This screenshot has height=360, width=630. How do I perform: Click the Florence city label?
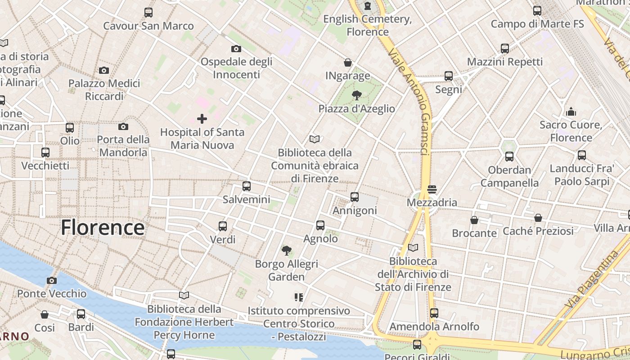pyautogui.click(x=103, y=227)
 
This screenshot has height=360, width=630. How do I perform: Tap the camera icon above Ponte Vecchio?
pyautogui.click(x=52, y=280)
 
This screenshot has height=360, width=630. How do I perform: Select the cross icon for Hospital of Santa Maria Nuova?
pyautogui.click(x=202, y=119)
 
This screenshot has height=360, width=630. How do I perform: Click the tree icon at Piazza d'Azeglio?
pyautogui.click(x=356, y=95)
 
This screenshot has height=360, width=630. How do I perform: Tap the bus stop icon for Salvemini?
pyautogui.click(x=246, y=186)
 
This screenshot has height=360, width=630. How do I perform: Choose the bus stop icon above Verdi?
pyautogui.click(x=223, y=226)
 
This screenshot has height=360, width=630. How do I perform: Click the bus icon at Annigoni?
pyautogui.click(x=355, y=197)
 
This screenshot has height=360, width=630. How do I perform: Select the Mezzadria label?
pyautogui.click(x=432, y=202)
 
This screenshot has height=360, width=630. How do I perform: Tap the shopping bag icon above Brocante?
pyautogui.click(x=474, y=220)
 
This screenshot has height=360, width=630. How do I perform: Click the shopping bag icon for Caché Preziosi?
pyautogui.click(x=538, y=218)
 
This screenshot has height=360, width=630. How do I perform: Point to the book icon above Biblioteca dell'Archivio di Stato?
pyautogui.click(x=413, y=247)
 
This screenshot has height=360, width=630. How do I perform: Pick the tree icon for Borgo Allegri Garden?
pyautogui.click(x=286, y=250)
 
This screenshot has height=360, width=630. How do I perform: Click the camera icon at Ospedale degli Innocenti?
pyautogui.click(x=236, y=49)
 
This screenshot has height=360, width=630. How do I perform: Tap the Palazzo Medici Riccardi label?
pyautogui.click(x=104, y=90)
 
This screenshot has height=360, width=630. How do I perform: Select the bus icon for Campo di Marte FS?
pyautogui.click(x=537, y=10)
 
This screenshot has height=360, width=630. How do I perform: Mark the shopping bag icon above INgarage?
pyautogui.click(x=348, y=63)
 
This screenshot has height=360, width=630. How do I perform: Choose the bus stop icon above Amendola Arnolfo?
pyautogui.click(x=434, y=313)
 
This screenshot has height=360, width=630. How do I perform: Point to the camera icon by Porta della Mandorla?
pyautogui.click(x=123, y=127)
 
